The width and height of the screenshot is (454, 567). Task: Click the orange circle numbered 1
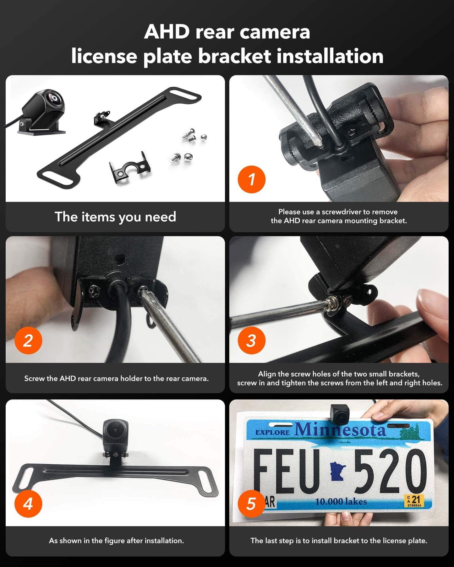coord(251,179)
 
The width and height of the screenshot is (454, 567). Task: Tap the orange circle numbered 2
coord(28,341)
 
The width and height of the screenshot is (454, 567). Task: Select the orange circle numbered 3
coord(251,341)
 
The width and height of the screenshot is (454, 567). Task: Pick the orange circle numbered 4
coord(28,504)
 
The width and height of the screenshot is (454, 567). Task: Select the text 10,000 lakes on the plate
coord(341,502)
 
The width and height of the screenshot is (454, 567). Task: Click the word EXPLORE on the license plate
coord(272,432)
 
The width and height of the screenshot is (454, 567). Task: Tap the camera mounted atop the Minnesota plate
coord(340,413)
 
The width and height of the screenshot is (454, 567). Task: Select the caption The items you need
coord(115,217)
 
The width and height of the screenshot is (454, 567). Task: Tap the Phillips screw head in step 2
coord(93,291)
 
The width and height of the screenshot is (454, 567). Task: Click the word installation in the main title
coord(330,57)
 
